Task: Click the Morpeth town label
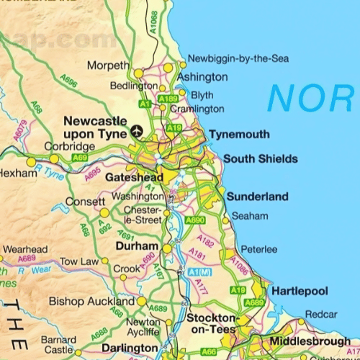click(x=108, y=66)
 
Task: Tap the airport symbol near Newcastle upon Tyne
click(x=137, y=131)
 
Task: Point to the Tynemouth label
click(x=239, y=135)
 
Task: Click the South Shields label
click(x=260, y=159)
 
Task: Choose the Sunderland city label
click(x=257, y=197)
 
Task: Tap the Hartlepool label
click(x=299, y=291)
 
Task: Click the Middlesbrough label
click(x=310, y=341)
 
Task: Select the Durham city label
click(x=136, y=246)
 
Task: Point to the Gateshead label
click(x=134, y=177)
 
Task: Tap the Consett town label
click(x=85, y=202)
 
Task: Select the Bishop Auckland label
click(x=91, y=302)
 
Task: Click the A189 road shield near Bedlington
click(x=168, y=98)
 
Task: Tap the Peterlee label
click(x=258, y=249)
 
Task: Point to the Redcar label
click(x=320, y=315)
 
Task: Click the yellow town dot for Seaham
click(x=225, y=220)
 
